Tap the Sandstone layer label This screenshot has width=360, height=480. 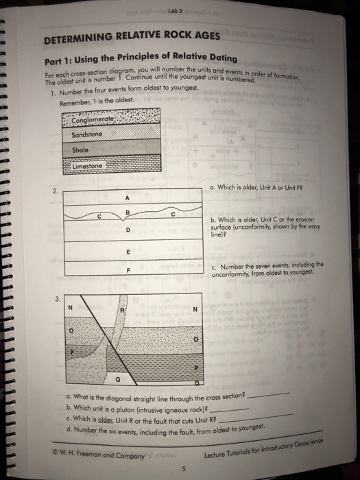[x=86, y=134]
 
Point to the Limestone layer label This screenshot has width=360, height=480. [x=86, y=166]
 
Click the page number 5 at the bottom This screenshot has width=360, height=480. [x=183, y=469]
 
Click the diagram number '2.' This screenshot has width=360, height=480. [x=56, y=191]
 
